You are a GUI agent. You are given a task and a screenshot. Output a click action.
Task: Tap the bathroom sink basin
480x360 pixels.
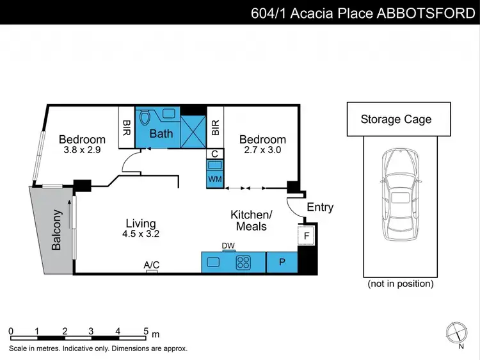click(169, 113)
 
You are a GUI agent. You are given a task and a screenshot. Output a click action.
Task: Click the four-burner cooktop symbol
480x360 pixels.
click(244, 261)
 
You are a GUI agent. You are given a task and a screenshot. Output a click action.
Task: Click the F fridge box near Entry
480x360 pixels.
click(307, 236)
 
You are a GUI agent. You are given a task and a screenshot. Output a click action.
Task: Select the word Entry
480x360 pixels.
click(320, 207)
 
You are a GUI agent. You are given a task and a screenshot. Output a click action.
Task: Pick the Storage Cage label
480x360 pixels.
click(396, 119)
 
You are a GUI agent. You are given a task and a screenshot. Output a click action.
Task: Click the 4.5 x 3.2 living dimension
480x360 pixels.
click(141, 234)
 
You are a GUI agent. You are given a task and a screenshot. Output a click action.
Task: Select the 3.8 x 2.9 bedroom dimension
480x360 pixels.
click(82, 151)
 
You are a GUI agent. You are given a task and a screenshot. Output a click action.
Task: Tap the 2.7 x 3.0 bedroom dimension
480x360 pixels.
click(262, 151)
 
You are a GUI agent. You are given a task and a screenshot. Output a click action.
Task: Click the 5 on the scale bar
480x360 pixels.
click(146, 331)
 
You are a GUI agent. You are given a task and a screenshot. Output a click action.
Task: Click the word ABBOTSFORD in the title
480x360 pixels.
click(426, 13)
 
